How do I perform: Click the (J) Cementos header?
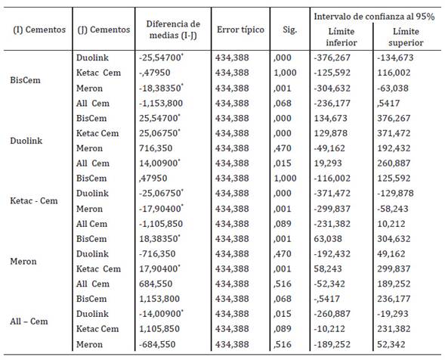pos(103,29)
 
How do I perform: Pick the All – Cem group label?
pos(35,322)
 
